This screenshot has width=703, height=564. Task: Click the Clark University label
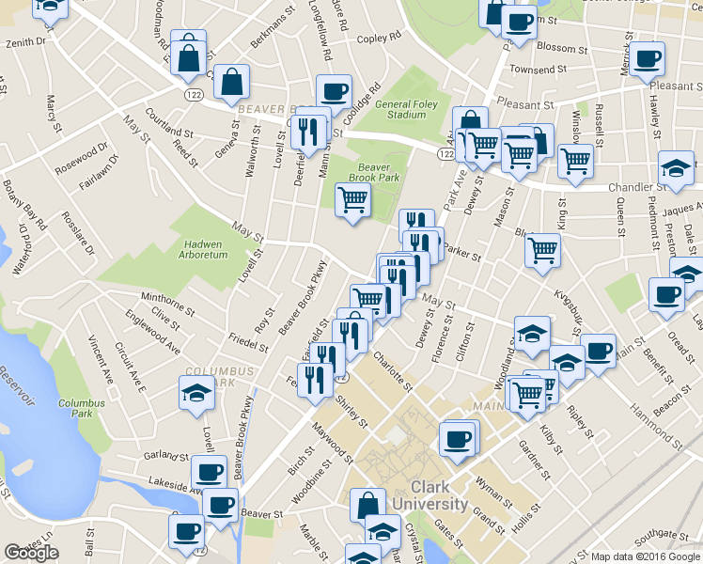(439, 495)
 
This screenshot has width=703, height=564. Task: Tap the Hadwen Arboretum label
(205, 249)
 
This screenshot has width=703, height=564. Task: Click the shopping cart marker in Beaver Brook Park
(352, 200)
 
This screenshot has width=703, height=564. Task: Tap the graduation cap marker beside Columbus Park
(196, 393)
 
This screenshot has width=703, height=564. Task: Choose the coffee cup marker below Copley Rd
(334, 92)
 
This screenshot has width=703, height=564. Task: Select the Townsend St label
(538, 70)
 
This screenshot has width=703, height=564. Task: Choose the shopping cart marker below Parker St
(542, 251)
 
